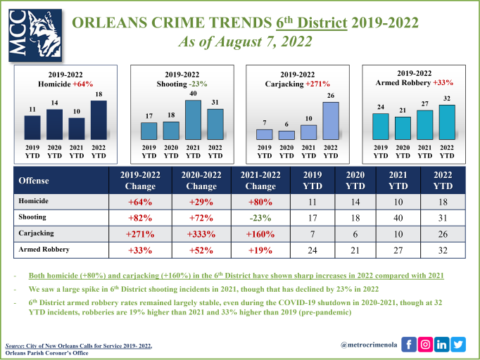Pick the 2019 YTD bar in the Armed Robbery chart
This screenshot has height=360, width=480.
(381, 127)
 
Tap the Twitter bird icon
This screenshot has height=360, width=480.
(459, 344)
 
